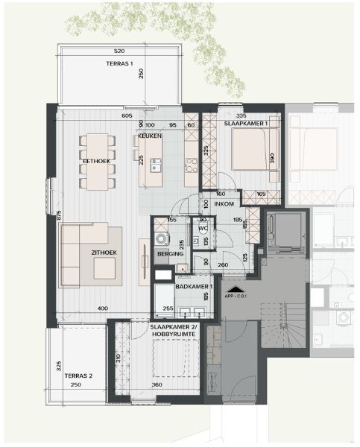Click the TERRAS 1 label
[x=119, y=65]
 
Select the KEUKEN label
[x=150, y=137]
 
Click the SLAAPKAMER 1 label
[x=251, y=123]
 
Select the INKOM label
[x=225, y=203]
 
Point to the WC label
[x=202, y=228]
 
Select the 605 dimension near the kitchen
[x=127, y=116]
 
